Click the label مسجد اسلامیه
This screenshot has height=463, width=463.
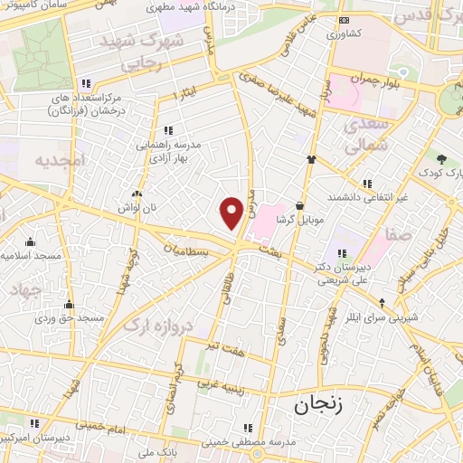pos(31,257)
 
